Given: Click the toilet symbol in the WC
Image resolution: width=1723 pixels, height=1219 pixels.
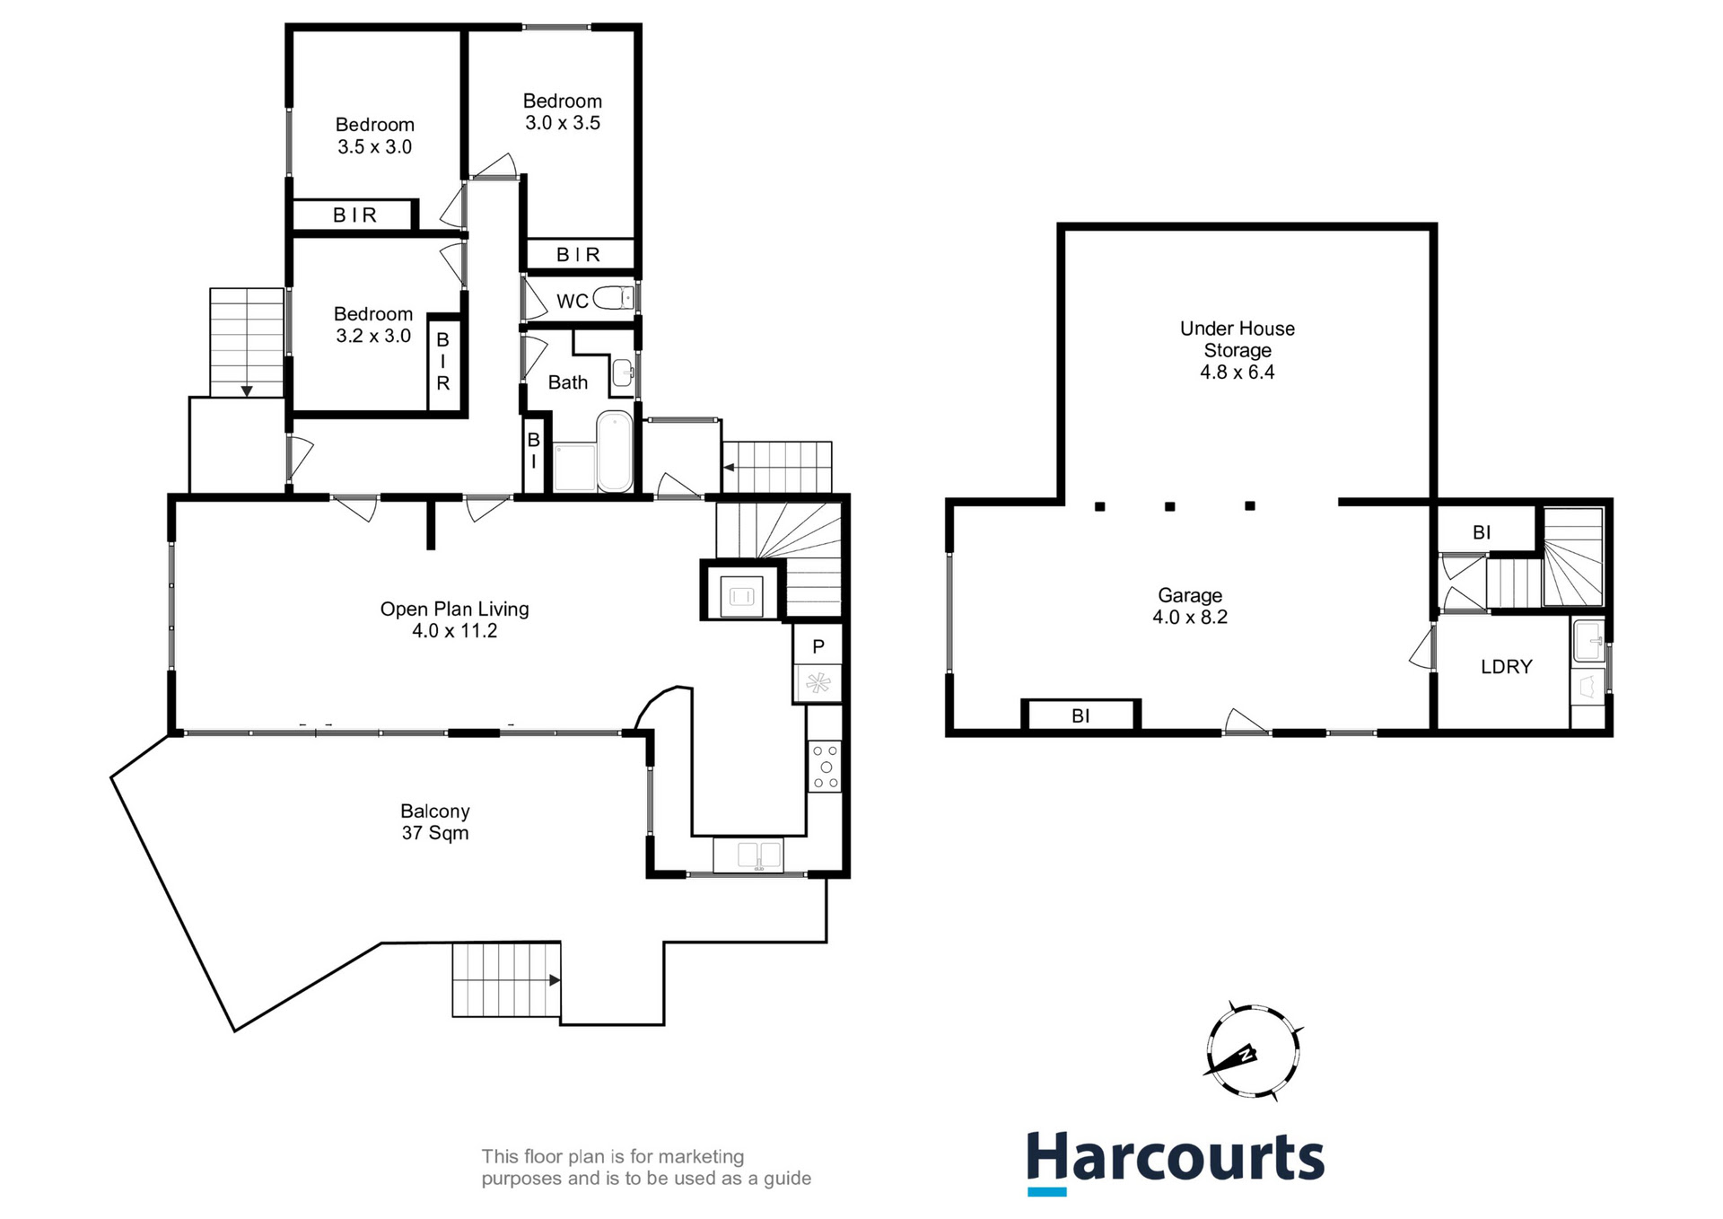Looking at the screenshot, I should tap(613, 298).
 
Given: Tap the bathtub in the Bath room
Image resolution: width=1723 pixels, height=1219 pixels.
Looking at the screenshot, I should tap(615, 452).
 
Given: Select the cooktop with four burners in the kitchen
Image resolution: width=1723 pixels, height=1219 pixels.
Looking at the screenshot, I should tap(825, 766).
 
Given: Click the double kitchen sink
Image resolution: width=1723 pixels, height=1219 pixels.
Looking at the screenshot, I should tap(748, 855).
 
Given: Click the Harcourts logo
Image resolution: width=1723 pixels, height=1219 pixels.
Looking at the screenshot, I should tap(1176, 1160).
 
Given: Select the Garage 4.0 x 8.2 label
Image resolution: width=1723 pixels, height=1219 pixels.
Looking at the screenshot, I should tap(1189, 606).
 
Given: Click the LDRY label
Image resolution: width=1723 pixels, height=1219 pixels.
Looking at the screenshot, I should tap(1506, 667).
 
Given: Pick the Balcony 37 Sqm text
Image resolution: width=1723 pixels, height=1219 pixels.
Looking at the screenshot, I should tap(434, 821).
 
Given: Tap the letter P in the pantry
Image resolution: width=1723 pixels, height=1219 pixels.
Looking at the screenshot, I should tap(818, 646).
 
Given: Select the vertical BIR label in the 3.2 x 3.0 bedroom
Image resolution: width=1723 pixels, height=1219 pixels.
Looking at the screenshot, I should tap(442, 362).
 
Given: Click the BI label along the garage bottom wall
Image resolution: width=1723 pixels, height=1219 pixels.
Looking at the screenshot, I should tap(1080, 716).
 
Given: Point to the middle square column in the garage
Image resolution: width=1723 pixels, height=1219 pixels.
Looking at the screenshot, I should tap(1169, 507).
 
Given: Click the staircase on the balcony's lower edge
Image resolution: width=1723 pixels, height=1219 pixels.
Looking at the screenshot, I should tap(505, 979).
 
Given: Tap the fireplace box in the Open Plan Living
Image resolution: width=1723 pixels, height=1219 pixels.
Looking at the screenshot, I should tap(741, 594).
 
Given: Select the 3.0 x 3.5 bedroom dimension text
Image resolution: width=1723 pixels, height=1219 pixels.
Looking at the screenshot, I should tap(563, 123).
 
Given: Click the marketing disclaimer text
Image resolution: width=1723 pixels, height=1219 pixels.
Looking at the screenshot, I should tap(645, 1168).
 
